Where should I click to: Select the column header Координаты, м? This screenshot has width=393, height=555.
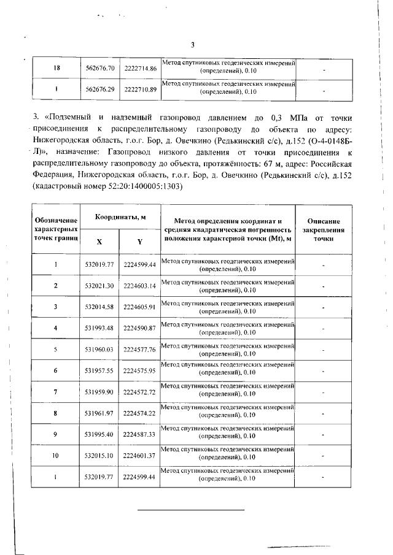[x=120, y=218]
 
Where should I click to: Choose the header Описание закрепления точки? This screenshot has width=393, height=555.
[x=324, y=229]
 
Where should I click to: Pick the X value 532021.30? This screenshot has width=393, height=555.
[x=100, y=286]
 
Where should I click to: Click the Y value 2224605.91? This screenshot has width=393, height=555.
[x=140, y=307]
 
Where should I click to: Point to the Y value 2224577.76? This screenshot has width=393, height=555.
[x=140, y=350]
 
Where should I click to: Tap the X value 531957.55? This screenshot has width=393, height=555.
[x=100, y=371]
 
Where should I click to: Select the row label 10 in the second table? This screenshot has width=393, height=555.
[x=55, y=456]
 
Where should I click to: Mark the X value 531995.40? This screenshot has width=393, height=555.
[x=100, y=434]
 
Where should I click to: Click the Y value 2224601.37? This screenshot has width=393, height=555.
[x=140, y=456]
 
